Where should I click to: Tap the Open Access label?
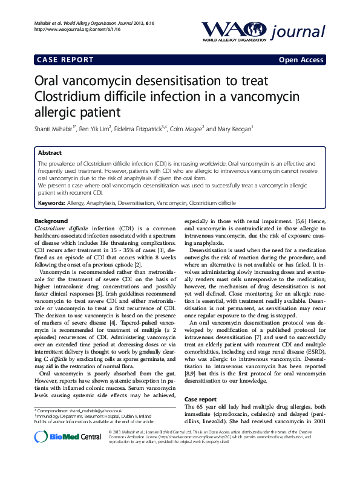(300, 60)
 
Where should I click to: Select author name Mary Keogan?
(233, 129)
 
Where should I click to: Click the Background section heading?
(51, 221)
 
